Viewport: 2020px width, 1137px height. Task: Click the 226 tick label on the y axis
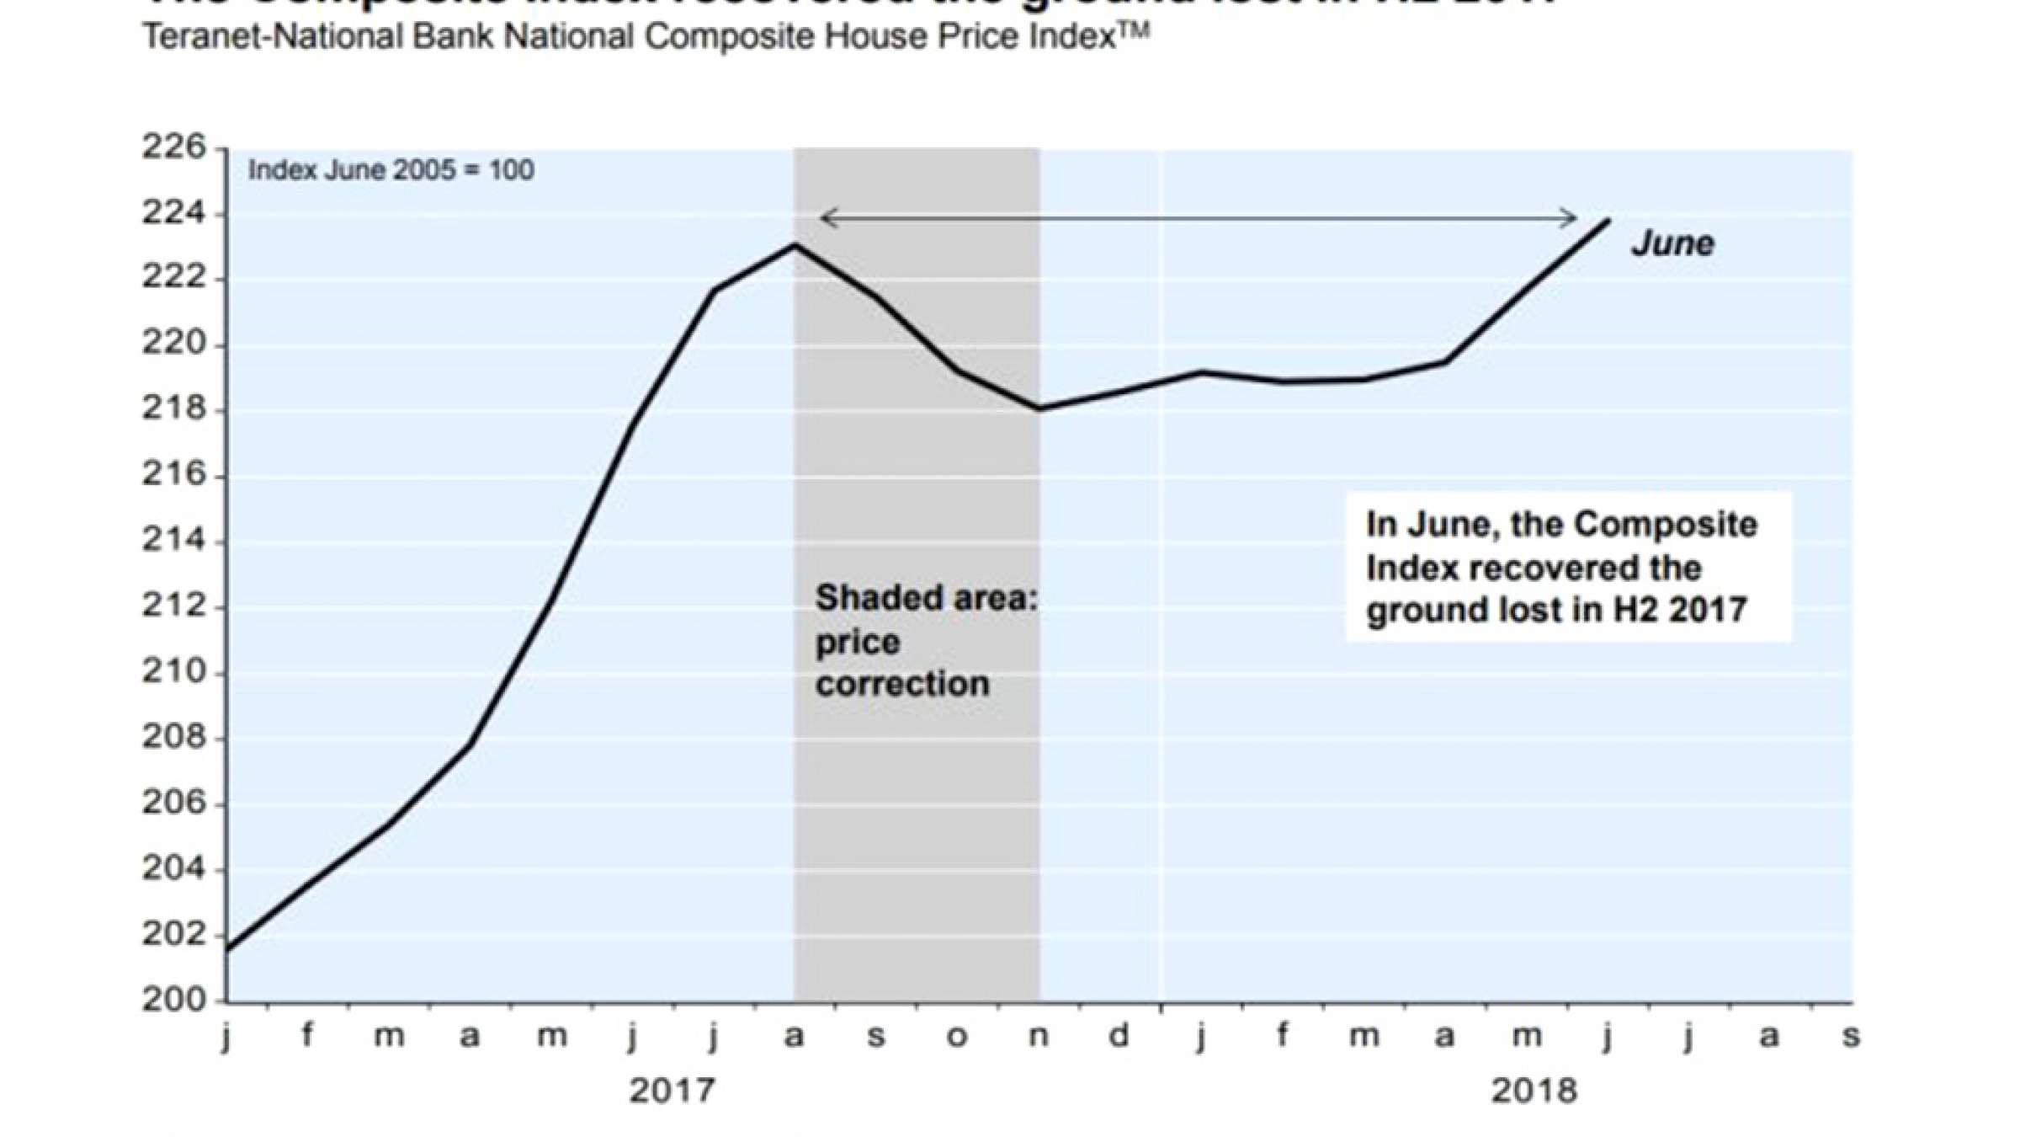[x=173, y=147]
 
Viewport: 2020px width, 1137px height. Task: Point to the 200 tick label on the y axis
[x=173, y=1001]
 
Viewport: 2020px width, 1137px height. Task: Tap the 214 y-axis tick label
[x=173, y=541]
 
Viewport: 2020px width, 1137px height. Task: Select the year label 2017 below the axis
[x=672, y=1092]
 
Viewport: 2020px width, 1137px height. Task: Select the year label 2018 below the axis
[x=1534, y=1092]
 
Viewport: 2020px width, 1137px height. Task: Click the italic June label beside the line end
[x=1672, y=244]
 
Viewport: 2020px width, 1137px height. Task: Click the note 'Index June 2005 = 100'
[x=391, y=170]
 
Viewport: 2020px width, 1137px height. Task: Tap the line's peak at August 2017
[x=795, y=245]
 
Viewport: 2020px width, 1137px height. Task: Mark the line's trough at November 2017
[x=1039, y=409]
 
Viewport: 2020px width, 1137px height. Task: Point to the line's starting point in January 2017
[x=228, y=949]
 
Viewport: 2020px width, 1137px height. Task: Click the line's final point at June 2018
[x=1608, y=221]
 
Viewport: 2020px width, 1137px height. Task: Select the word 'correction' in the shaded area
[x=902, y=684]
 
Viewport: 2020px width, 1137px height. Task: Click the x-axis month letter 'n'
[x=1039, y=1036]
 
